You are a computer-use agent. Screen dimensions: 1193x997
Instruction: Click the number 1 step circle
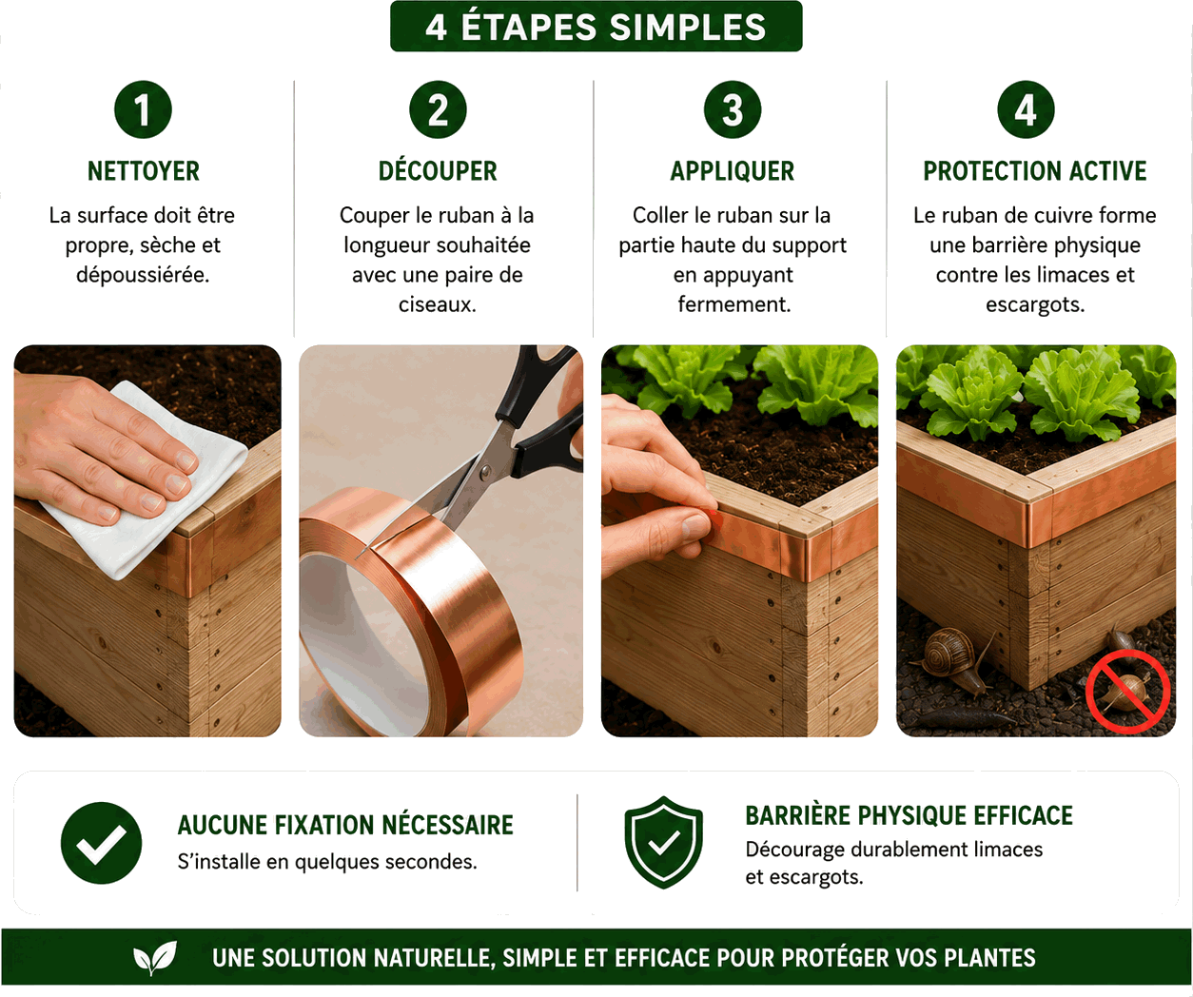pyautogui.click(x=143, y=109)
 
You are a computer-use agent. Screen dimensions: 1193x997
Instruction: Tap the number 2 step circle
pyautogui.click(x=438, y=109)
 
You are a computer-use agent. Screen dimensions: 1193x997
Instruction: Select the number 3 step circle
pyautogui.click(x=733, y=109)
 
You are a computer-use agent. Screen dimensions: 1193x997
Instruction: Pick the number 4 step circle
pyautogui.click(x=1027, y=109)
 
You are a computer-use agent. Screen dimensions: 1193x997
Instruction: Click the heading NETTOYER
pyautogui.click(x=144, y=171)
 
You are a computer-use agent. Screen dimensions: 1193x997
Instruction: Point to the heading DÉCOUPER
pyautogui.click(x=438, y=171)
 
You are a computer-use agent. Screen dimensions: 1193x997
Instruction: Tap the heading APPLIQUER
pyautogui.click(x=733, y=171)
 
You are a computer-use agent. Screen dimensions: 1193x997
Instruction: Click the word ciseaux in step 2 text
pyautogui.click(x=437, y=304)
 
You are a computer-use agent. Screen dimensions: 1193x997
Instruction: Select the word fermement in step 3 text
pyautogui.click(x=734, y=304)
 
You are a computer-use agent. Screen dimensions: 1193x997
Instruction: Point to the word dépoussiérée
pyautogui.click(x=143, y=275)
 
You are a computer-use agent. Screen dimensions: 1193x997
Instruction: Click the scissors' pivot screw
pyautogui.click(x=485, y=471)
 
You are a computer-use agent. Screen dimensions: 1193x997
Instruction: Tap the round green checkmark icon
pyautogui.click(x=101, y=843)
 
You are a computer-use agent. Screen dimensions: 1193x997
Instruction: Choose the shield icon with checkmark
pyautogui.click(x=663, y=842)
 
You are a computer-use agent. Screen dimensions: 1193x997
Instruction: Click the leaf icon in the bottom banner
pyautogui.click(x=154, y=957)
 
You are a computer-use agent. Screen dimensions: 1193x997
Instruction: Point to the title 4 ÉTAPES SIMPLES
pyautogui.click(x=596, y=27)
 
